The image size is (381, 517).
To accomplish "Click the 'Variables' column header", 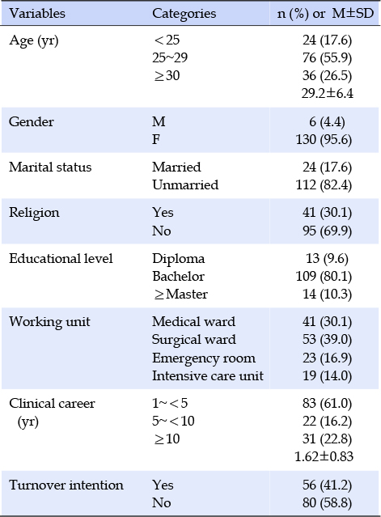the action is click(x=37, y=14).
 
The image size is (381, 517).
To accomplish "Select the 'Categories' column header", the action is click(x=184, y=14).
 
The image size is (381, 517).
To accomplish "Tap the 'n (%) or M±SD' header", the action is click(x=326, y=14).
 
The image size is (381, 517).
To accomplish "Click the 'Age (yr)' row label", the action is click(x=34, y=41).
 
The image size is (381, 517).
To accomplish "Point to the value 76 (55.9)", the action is click(x=327, y=58).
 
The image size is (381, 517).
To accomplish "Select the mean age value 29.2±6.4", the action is click(x=328, y=93).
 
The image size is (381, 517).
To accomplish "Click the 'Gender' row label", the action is click(x=32, y=121).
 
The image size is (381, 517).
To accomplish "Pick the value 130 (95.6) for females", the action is click(x=324, y=140).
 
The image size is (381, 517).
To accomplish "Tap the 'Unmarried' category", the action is click(x=185, y=185).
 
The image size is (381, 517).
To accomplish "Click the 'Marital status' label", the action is click(x=50, y=167).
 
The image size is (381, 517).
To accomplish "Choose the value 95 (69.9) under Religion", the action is click(x=327, y=231).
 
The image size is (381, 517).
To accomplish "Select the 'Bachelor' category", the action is click(x=178, y=277).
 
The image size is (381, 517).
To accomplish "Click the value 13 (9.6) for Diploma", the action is click(x=327, y=259).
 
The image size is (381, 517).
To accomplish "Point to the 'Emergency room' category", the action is click(x=204, y=358).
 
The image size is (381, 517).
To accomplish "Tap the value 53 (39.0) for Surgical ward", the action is click(x=327, y=340).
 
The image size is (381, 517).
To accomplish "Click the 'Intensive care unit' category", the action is click(x=208, y=376).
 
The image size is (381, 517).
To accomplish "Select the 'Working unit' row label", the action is click(x=49, y=322).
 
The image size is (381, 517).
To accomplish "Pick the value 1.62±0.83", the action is click(x=324, y=456).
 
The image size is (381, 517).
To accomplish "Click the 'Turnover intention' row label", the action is click(x=66, y=485).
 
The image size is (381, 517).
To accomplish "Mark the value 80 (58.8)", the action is click(x=327, y=503).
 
